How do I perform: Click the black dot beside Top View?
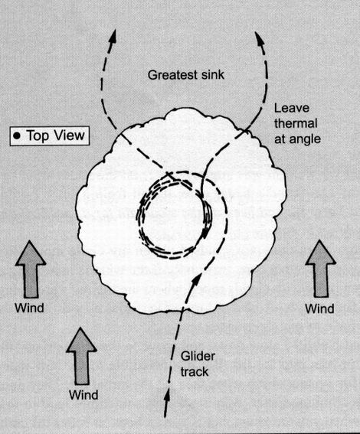click(x=18, y=135)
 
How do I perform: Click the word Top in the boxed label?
click(x=38, y=136)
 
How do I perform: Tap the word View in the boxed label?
click(x=69, y=135)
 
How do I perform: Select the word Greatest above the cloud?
click(x=172, y=75)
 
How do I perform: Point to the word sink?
click(x=212, y=75)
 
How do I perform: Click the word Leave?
click(x=292, y=108)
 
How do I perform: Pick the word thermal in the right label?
click(x=296, y=123)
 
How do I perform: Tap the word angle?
click(x=304, y=139)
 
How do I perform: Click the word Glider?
click(x=198, y=356)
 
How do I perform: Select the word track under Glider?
click(x=195, y=372)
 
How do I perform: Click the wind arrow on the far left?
click(x=31, y=269)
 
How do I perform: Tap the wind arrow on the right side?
click(x=321, y=269)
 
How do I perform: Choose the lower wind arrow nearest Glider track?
click(x=81, y=356)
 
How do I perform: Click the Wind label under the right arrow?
click(x=319, y=308)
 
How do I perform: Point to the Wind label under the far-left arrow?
click(x=29, y=308)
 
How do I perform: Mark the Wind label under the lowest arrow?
click(x=83, y=395)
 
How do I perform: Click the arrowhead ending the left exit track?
click(x=112, y=36)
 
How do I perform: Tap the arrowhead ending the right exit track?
click(x=259, y=39)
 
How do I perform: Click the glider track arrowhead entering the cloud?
click(x=196, y=280)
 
